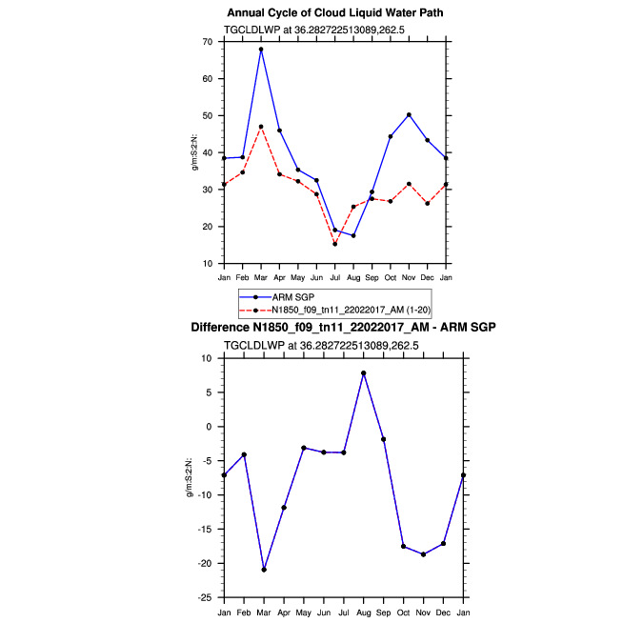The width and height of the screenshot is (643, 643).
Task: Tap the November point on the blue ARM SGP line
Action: pyautogui.click(x=409, y=114)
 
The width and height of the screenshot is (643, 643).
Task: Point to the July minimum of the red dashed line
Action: pyautogui.click(x=335, y=244)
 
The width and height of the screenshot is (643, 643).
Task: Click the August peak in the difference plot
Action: pyautogui.click(x=363, y=372)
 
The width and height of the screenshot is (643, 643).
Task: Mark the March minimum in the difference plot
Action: pyautogui.click(x=264, y=570)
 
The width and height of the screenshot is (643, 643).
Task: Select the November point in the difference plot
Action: pyautogui.click(x=423, y=554)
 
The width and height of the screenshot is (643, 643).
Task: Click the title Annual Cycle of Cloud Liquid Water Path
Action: pyautogui.click(x=335, y=13)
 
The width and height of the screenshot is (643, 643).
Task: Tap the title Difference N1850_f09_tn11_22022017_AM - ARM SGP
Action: pyautogui.click(x=343, y=328)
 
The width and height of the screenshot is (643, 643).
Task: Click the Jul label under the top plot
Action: pyautogui.click(x=335, y=277)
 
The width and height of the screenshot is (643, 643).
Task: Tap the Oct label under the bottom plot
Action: pyautogui.click(x=403, y=611)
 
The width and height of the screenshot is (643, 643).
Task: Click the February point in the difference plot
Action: pyautogui.click(x=244, y=454)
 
